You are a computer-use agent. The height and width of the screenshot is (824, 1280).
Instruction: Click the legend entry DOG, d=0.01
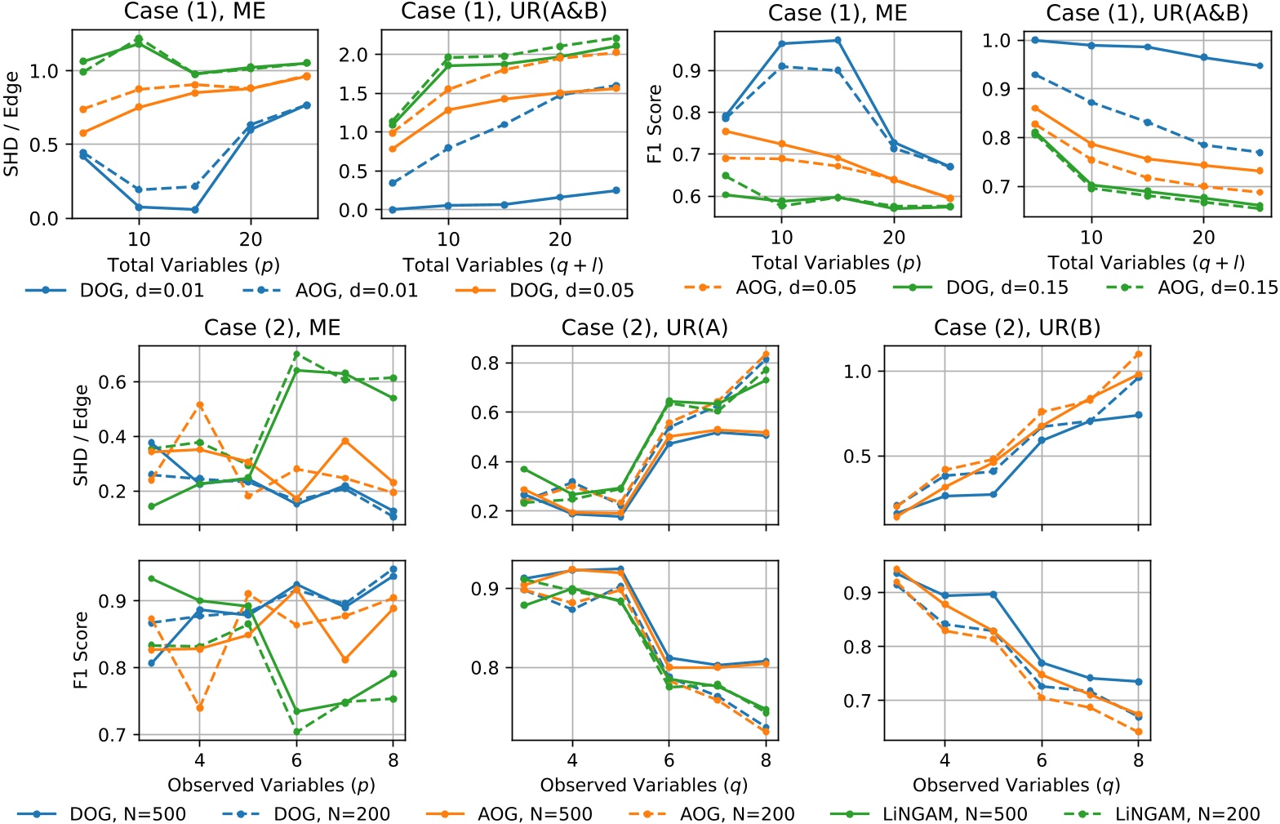click(114, 290)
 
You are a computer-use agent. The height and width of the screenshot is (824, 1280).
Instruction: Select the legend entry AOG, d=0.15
click(1191, 287)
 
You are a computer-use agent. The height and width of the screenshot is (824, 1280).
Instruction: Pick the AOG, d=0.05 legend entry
click(771, 287)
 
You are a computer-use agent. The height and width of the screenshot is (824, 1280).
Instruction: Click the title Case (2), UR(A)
click(644, 327)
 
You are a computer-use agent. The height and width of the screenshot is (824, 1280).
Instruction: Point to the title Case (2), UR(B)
click(1017, 327)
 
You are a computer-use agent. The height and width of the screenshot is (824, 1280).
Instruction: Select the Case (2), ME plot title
click(272, 327)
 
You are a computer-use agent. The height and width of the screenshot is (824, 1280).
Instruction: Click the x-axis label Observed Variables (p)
click(272, 785)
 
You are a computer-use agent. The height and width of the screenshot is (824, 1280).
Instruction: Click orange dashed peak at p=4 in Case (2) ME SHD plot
click(199, 405)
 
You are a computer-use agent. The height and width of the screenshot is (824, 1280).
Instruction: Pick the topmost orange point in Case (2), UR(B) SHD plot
click(1139, 354)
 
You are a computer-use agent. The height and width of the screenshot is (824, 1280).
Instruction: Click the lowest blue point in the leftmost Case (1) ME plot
click(194, 210)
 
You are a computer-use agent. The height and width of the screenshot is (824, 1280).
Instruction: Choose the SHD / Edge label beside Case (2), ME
click(81, 435)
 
